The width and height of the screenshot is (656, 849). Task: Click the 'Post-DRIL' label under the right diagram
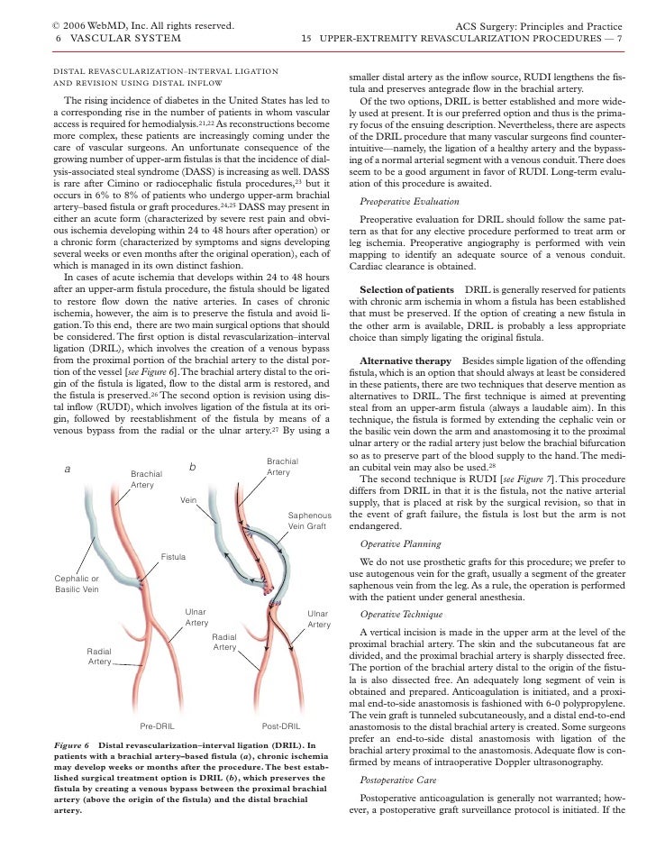[x=280, y=725]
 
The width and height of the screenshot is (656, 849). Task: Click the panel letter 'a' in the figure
[x=68, y=469]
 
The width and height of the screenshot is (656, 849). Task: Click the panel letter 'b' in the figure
[x=192, y=467]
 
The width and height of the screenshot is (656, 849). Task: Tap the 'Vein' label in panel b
[x=188, y=498]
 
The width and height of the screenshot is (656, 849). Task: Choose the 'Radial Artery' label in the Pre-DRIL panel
[x=99, y=655]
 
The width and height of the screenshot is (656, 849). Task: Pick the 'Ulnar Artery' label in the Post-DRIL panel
[x=319, y=619]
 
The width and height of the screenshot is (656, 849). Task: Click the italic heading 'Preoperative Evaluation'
[x=405, y=201]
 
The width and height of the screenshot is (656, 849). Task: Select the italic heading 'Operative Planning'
[x=400, y=543]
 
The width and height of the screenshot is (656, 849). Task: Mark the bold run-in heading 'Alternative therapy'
[x=405, y=359]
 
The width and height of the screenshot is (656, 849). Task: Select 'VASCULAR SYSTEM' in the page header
[x=123, y=39]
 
